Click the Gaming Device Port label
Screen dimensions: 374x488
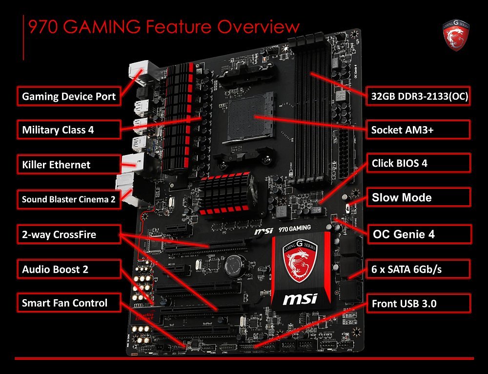(69, 96)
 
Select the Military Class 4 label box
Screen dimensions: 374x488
(69, 130)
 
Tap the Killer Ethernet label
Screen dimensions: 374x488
(69, 164)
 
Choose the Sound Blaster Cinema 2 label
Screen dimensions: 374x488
(69, 199)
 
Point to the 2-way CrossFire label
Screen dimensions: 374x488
(69, 234)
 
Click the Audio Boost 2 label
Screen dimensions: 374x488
(69, 269)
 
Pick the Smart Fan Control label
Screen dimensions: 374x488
(69, 303)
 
